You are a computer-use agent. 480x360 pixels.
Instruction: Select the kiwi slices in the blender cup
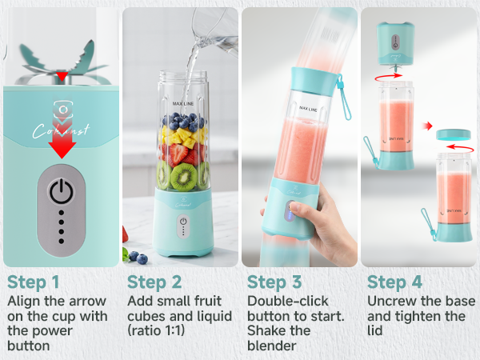click(x=182, y=174)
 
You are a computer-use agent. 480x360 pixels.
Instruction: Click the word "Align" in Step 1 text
click(x=25, y=301)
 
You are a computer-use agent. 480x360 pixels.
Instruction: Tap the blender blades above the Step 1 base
click(x=62, y=60)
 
